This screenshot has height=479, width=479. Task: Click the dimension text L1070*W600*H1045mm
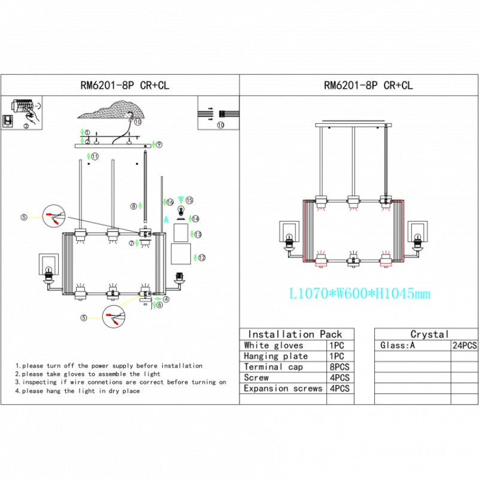click(x=359, y=294)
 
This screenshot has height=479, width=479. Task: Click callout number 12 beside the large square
click(x=202, y=258)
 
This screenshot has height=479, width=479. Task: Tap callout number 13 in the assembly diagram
click(x=198, y=234)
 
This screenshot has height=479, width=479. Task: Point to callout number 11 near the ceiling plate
click(x=95, y=156)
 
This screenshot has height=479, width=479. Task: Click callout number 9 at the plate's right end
click(x=159, y=144)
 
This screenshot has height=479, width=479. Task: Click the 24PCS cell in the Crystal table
click(x=463, y=345)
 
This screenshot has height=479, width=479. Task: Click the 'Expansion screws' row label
click(x=283, y=389)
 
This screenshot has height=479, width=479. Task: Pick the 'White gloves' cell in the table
click(x=274, y=345)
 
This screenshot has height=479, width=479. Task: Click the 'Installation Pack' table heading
click(x=295, y=334)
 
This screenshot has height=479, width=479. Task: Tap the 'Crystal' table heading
click(x=429, y=334)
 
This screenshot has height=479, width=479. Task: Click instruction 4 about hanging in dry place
click(x=78, y=391)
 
